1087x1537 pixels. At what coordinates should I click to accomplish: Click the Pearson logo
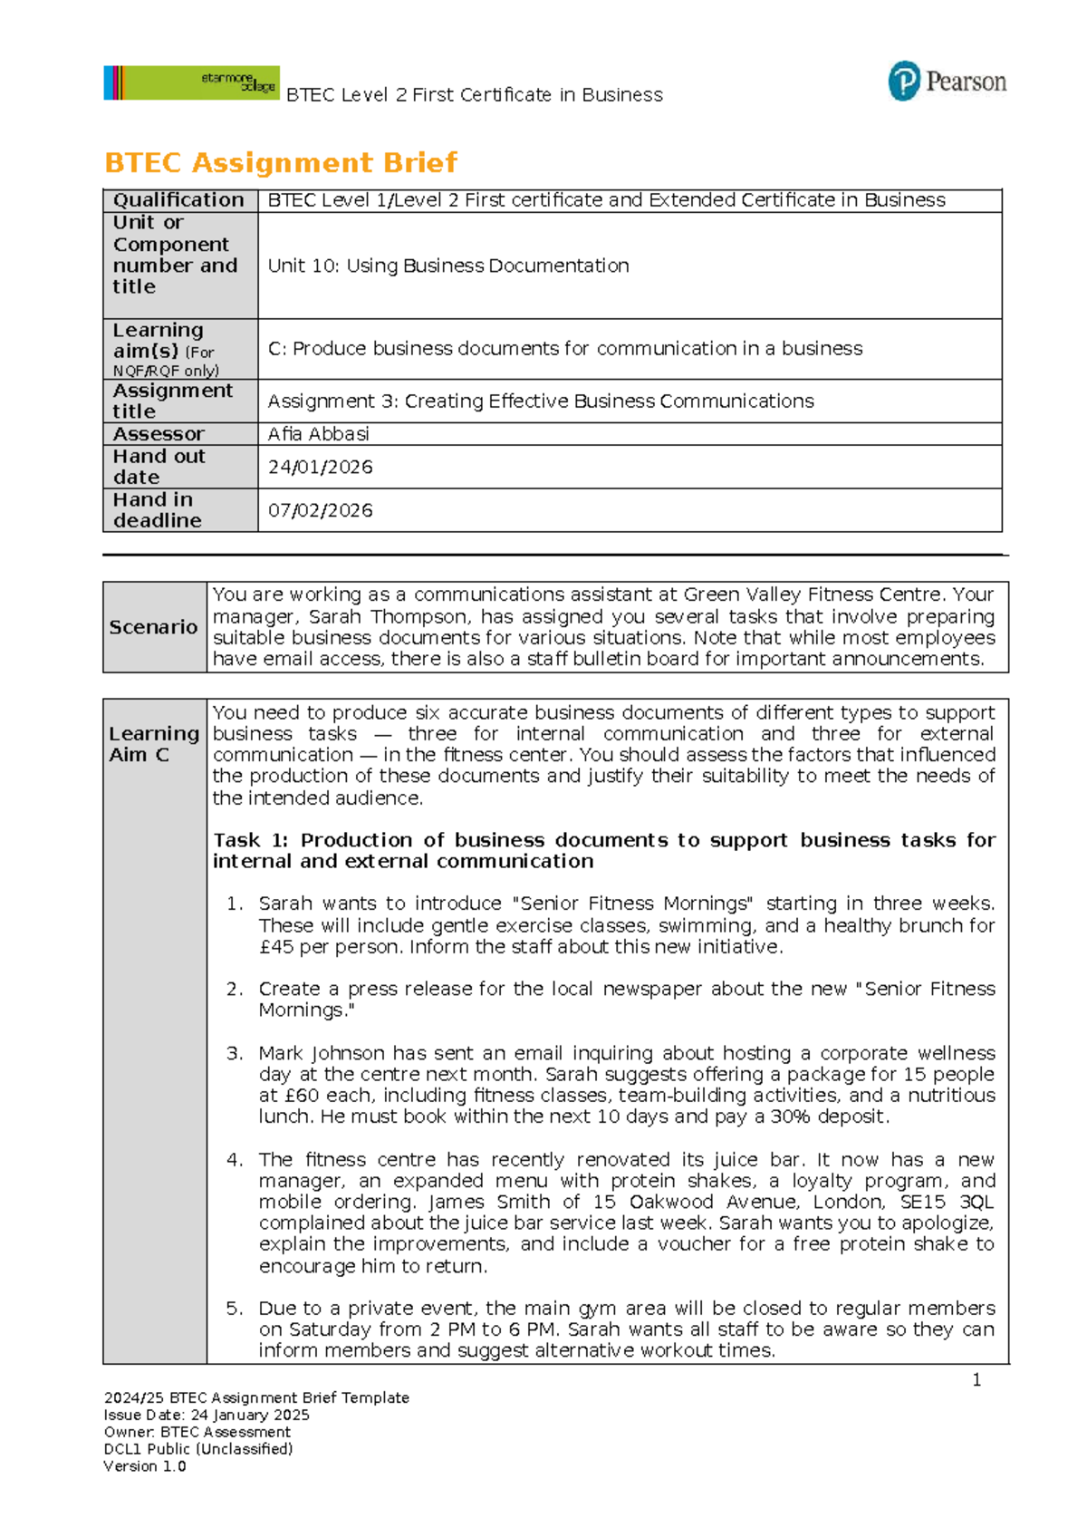(947, 82)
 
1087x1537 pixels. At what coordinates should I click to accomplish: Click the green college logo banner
(191, 82)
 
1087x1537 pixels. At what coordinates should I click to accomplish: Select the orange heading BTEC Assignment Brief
(281, 163)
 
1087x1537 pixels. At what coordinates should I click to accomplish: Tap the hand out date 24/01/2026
(320, 467)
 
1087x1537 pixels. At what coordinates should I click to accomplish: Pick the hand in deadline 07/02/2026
(320, 510)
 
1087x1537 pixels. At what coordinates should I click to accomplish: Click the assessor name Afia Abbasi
(318, 434)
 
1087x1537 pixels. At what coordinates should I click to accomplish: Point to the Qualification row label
(178, 200)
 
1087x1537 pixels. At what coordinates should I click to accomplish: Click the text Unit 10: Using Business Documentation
(448, 266)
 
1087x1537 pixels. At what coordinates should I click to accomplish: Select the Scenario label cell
(153, 627)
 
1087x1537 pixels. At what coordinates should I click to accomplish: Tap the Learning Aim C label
(153, 744)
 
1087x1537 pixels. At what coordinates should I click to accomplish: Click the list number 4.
(235, 1160)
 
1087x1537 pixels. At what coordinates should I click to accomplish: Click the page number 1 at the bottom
(976, 1380)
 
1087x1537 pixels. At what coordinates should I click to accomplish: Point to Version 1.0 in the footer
(145, 1466)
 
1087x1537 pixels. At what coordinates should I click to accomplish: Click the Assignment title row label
(172, 401)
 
